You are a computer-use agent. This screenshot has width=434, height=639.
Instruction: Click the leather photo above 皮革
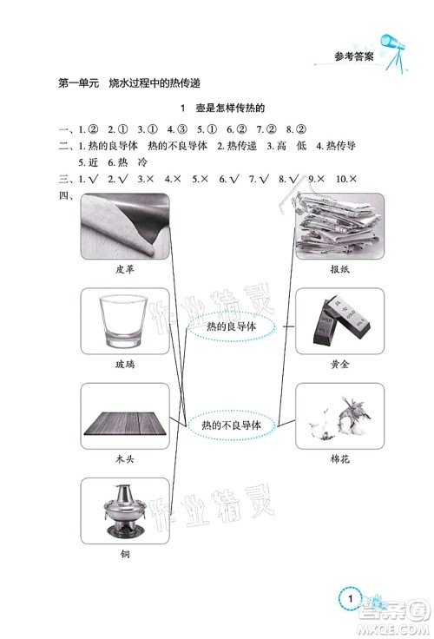coord(124,226)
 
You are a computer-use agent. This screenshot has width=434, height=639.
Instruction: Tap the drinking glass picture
coord(124,320)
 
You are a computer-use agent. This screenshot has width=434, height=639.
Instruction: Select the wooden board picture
coord(124,415)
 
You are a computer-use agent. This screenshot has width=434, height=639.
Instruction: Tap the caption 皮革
coord(124,269)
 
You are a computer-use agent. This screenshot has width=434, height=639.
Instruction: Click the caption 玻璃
coord(124,365)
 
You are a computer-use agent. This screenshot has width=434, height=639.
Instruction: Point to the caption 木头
coord(124,459)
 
